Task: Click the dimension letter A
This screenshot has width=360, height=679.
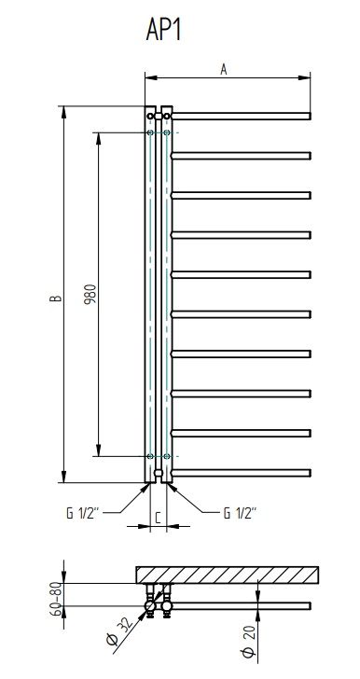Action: pos(224,68)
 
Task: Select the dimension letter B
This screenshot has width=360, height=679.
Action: pos(55,298)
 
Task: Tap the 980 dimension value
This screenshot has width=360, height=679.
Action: pos(90,295)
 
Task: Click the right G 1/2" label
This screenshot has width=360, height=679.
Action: pos(240,511)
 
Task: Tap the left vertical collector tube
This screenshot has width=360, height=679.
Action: pos(150,298)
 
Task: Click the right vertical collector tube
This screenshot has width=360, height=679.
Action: pos(166,298)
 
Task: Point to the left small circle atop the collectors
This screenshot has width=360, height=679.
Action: pos(150,116)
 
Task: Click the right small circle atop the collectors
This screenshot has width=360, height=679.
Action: pos(166,116)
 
